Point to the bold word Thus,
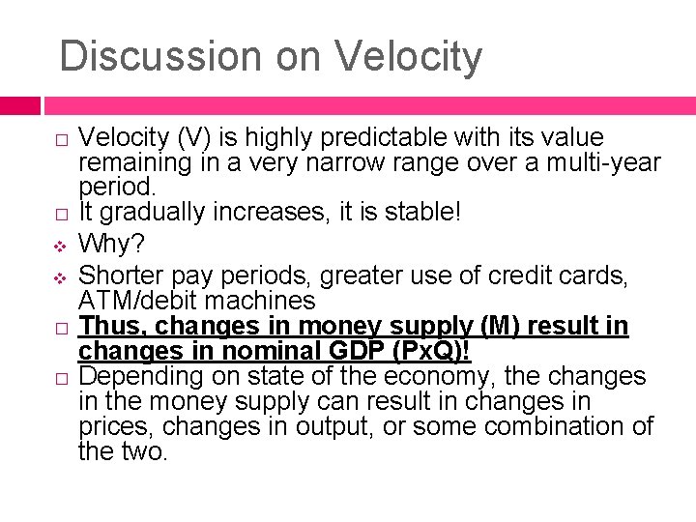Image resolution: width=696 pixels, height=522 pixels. (x=114, y=327)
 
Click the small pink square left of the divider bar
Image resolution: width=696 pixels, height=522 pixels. (x=20, y=104)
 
